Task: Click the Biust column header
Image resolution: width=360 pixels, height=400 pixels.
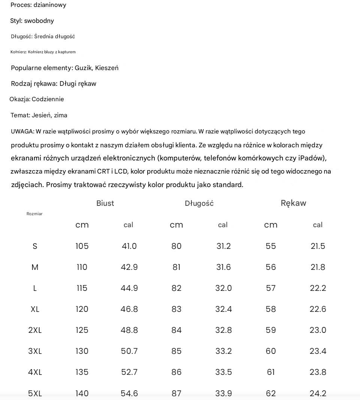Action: pos(105,203)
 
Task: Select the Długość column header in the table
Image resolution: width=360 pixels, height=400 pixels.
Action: pos(199,204)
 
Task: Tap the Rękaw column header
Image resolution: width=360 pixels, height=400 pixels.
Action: pos(293,203)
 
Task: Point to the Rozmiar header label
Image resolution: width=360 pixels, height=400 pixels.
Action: pos(34,214)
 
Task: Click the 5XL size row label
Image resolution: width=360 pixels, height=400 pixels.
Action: pos(35,393)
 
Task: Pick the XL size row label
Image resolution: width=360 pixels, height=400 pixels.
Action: pos(35,309)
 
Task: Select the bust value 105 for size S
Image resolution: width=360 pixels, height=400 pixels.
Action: pos(82,246)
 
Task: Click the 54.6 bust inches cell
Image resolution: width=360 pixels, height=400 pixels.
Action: pos(129,393)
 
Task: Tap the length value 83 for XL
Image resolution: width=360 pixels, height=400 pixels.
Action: pos(176,309)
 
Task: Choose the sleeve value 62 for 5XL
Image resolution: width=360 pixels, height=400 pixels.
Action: pos(271,393)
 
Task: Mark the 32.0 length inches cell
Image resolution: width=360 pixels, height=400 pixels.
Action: pos(224,288)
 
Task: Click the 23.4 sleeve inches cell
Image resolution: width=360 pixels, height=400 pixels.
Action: pos(318,351)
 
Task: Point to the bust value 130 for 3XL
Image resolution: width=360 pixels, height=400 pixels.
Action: pos(82,351)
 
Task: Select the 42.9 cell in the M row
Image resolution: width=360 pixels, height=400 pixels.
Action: pos(129,267)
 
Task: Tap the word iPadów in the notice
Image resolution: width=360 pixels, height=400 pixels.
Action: pos(312,158)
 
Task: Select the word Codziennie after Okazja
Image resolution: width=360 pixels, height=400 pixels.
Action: pos(48,99)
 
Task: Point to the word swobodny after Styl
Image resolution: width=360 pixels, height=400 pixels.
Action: pos(39,21)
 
